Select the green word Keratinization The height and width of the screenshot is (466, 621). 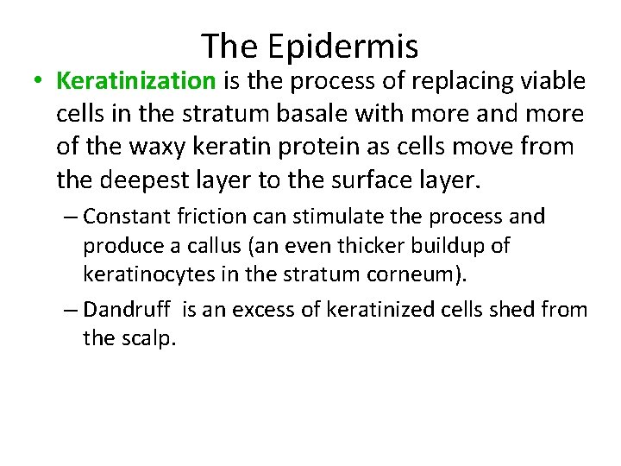coord(135,81)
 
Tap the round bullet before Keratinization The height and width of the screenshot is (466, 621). coord(40,82)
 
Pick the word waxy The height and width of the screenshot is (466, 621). coord(163,147)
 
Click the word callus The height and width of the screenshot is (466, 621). coord(211,245)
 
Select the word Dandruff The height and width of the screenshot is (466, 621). coord(124,309)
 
